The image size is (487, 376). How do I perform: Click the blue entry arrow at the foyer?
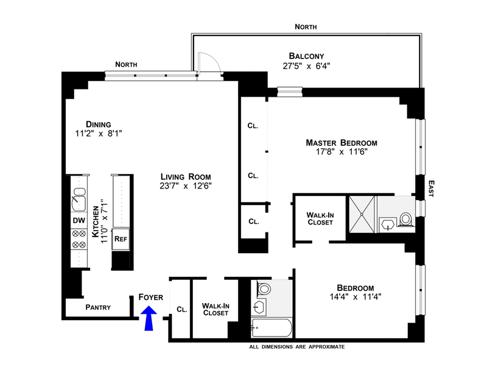pos(149,318)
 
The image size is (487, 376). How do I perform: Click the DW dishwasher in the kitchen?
pos(79,220)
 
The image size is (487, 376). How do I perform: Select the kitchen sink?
pos(79,198)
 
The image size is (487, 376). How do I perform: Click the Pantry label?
pos(97,307)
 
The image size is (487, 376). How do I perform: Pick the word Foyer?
pos(150,297)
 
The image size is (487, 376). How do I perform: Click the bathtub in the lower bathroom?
pos(272,329)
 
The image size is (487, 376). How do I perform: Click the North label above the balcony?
pos(306,27)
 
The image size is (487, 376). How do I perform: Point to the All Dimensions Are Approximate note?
pos(296,347)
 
